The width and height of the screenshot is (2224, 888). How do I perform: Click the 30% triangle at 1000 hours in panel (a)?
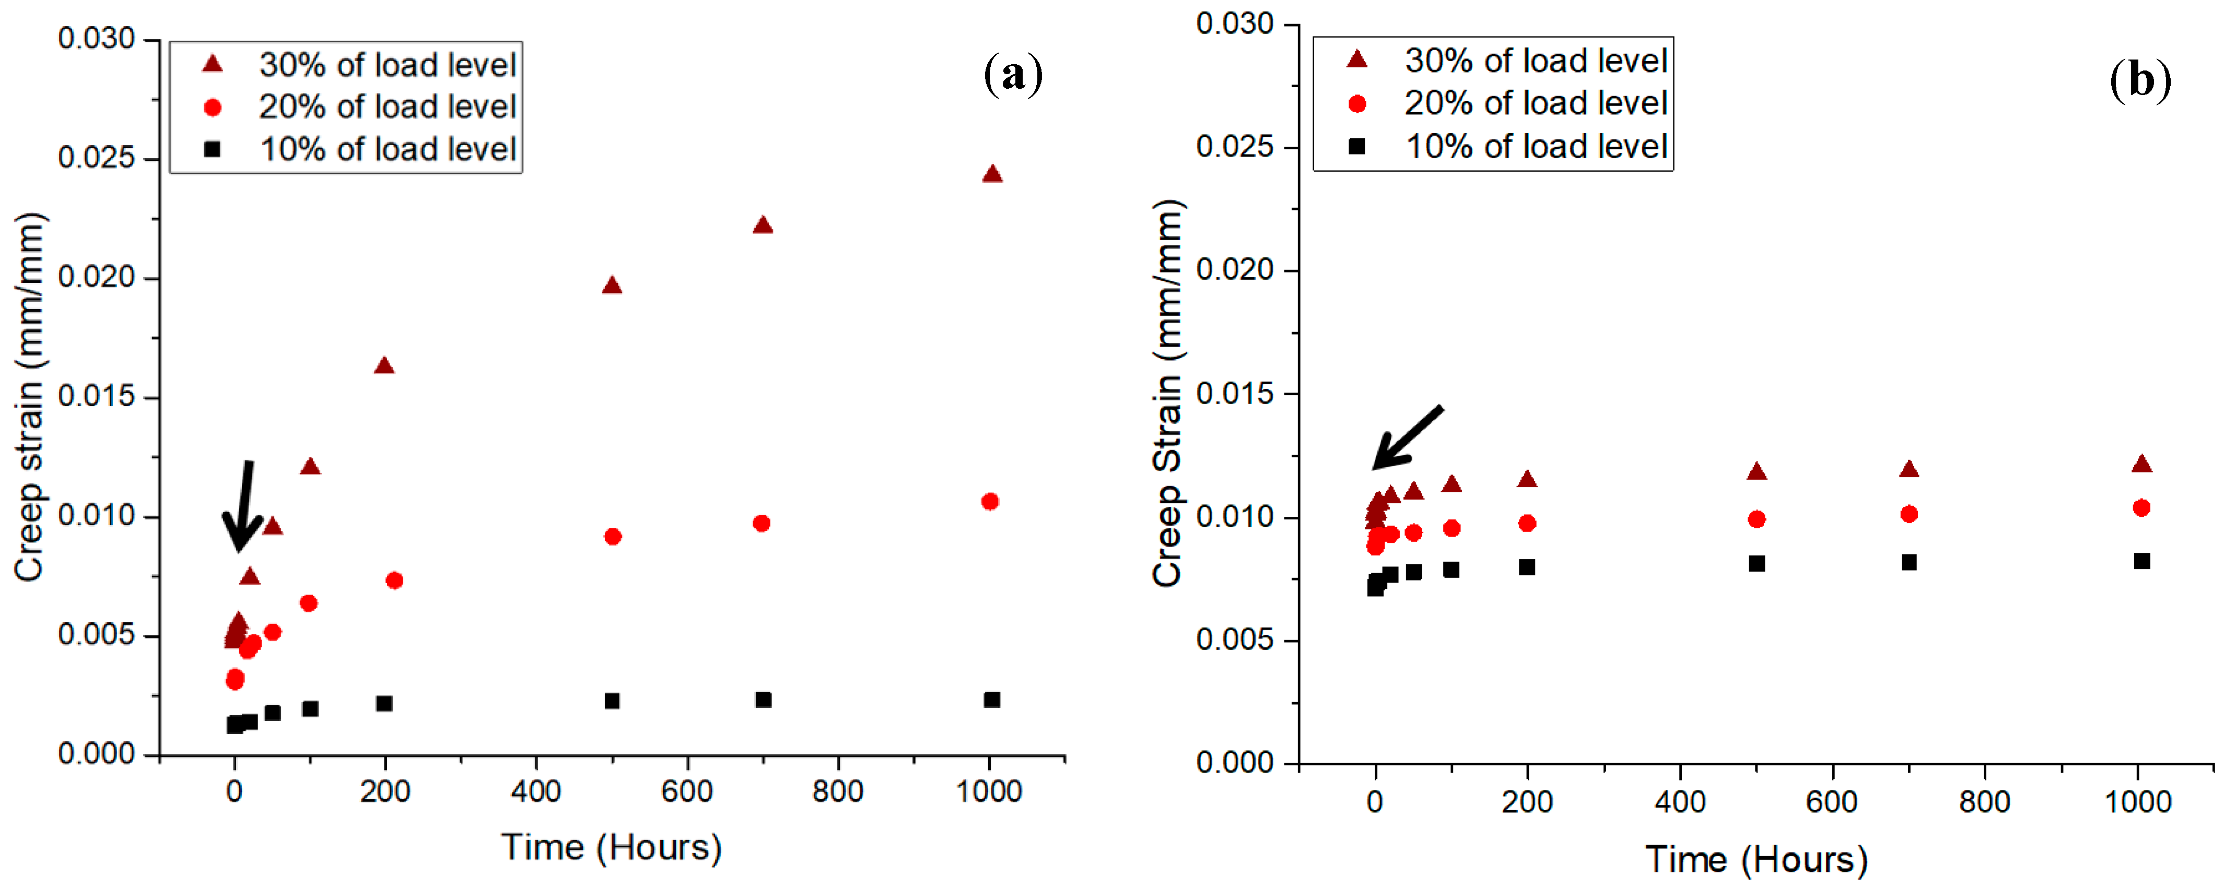(x=992, y=173)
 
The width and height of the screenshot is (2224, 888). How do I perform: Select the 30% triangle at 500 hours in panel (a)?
(x=612, y=285)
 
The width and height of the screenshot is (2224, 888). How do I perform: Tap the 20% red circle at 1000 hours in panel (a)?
(x=990, y=501)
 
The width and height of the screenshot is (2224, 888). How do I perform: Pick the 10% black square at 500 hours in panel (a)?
(x=612, y=701)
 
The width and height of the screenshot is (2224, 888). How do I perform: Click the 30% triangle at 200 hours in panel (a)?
(x=384, y=365)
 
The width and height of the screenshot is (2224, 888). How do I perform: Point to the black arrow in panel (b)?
(x=1407, y=437)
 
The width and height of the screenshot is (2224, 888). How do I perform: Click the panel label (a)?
(x=1013, y=75)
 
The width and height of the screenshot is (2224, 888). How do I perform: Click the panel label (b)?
(x=2140, y=80)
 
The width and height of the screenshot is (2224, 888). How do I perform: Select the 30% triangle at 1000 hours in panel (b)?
(x=2141, y=464)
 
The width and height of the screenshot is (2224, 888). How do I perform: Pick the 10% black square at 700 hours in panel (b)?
(x=1909, y=562)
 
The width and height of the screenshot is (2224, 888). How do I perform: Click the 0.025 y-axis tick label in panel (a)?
(x=97, y=158)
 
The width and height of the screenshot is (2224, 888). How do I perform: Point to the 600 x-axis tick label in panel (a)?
(x=687, y=790)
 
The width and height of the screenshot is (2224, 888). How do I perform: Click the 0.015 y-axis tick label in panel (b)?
(x=1235, y=394)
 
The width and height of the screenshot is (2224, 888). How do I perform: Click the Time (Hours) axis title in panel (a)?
(x=611, y=847)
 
